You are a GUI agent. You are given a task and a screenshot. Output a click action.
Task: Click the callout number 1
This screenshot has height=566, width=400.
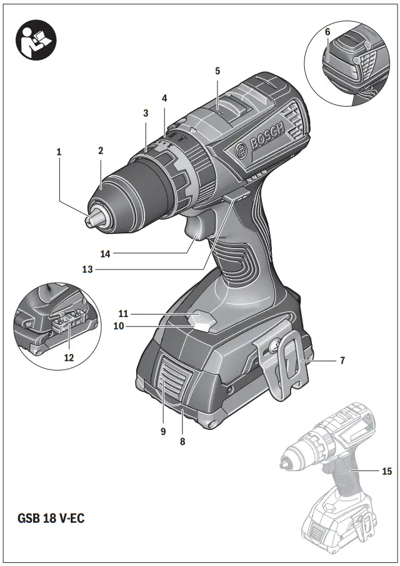pyautogui.click(x=59, y=151)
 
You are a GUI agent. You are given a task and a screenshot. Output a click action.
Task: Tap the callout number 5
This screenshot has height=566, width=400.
pyautogui.click(x=217, y=71)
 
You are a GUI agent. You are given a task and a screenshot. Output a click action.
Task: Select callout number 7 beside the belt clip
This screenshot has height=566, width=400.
pyautogui.click(x=342, y=360)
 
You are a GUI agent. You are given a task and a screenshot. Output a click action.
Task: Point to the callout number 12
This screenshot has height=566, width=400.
pyautogui.click(x=69, y=358)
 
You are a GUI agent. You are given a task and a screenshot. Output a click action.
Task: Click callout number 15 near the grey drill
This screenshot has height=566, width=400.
pyautogui.click(x=387, y=472)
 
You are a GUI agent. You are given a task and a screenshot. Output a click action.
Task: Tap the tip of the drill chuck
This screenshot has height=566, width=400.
pyautogui.click(x=91, y=219)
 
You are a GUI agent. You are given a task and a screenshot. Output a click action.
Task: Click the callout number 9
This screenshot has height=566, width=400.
pyautogui.click(x=162, y=431)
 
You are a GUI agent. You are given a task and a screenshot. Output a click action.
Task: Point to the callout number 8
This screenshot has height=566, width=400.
pyautogui.click(x=182, y=441)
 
